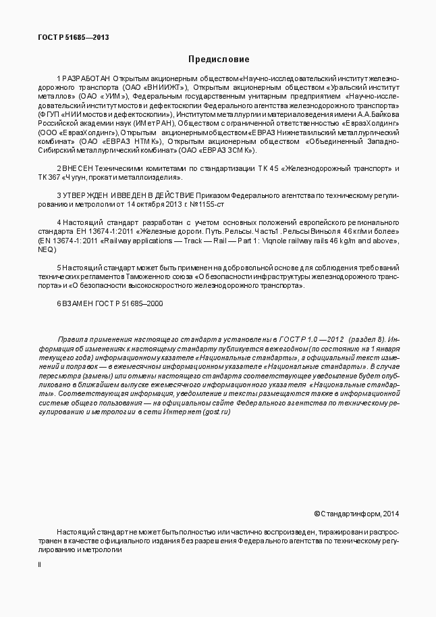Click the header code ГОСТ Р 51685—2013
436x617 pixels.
(74, 38)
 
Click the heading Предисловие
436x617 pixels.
(218, 59)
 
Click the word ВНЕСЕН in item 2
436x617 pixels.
(81, 168)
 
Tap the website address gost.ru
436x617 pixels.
(217, 412)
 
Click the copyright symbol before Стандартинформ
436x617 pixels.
(317, 514)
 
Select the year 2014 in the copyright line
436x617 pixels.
(391, 514)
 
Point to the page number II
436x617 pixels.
(39, 565)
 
